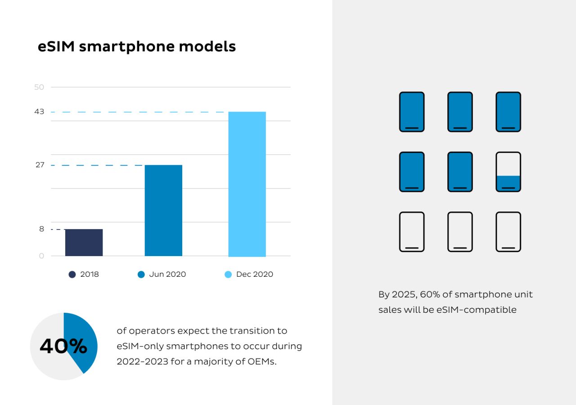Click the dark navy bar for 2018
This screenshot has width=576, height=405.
coord(84,243)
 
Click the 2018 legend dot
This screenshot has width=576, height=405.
coord(72,274)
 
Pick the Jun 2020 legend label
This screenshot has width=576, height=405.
coord(167,274)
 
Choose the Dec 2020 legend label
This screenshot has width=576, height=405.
coord(255,274)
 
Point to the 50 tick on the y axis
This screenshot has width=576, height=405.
coord(39,87)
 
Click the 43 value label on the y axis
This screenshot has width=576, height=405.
coord(39,112)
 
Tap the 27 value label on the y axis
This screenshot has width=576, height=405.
coord(40,165)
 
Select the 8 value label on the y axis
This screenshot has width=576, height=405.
coord(42,229)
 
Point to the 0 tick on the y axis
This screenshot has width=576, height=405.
coord(42,256)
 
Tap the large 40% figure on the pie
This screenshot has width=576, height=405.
coord(63,346)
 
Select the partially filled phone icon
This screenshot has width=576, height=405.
coord(508,172)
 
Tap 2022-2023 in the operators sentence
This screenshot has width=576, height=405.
coord(142,362)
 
